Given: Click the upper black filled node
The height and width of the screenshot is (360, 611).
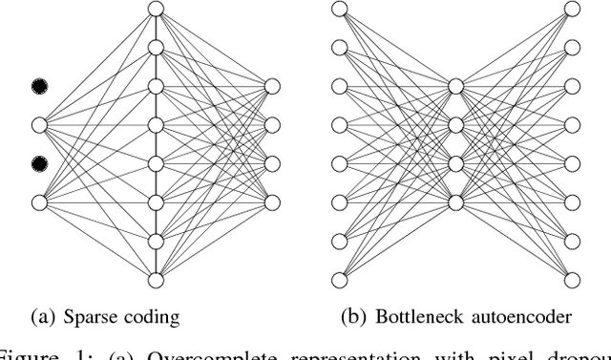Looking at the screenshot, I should (39, 87).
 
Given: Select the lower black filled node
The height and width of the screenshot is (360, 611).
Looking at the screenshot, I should (39, 164).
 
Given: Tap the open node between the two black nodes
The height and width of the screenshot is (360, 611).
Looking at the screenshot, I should (39, 125).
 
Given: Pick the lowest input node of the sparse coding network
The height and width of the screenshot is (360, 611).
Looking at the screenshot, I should (39, 202).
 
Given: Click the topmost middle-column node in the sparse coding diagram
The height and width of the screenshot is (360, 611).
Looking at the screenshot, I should (156, 10).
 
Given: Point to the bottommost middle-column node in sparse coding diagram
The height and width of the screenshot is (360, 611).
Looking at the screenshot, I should (156, 280).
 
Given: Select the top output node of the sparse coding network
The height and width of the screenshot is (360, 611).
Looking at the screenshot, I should (272, 87).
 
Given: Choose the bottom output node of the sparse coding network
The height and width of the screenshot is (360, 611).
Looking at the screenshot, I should (272, 202).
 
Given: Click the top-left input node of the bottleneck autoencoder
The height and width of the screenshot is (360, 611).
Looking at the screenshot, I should (340, 10).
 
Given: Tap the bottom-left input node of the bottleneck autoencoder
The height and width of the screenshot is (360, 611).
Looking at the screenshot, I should (340, 280).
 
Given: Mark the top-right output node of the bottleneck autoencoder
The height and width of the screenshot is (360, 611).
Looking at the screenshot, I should (572, 10).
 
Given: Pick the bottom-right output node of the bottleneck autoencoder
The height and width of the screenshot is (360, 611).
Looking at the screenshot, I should (572, 280).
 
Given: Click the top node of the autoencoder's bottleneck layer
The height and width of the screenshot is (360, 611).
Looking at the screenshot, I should (455, 87).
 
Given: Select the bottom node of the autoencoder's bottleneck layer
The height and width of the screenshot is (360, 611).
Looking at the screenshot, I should (455, 202).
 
